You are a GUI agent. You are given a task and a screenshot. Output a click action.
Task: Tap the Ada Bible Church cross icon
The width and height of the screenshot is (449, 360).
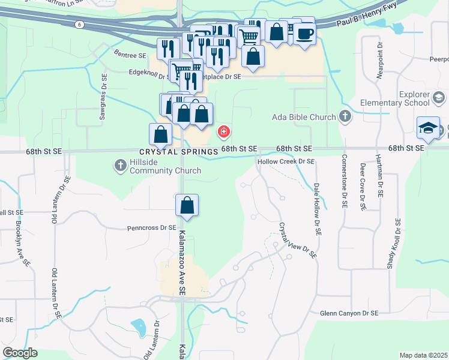tap(345, 116)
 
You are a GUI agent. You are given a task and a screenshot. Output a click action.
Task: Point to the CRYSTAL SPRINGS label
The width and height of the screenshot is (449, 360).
tap(178, 152)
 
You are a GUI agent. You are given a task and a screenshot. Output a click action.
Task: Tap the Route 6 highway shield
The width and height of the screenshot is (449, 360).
tap(79, 25)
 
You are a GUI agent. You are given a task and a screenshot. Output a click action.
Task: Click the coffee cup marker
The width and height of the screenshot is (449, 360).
tap(304, 34)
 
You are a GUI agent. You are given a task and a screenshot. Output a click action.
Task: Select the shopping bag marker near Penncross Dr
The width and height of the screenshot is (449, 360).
tap(187, 205)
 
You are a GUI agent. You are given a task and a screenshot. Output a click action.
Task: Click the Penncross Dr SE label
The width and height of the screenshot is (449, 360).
tap(152, 228)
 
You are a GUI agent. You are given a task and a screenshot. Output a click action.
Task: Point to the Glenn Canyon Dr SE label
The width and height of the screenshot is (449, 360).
tap(349, 313)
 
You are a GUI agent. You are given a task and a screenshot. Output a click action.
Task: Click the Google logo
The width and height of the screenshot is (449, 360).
tap(20, 353)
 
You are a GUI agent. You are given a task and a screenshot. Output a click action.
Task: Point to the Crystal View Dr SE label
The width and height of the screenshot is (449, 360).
tap(297, 241)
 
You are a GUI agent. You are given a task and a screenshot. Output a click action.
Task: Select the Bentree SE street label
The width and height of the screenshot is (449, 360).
tap(130, 55)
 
